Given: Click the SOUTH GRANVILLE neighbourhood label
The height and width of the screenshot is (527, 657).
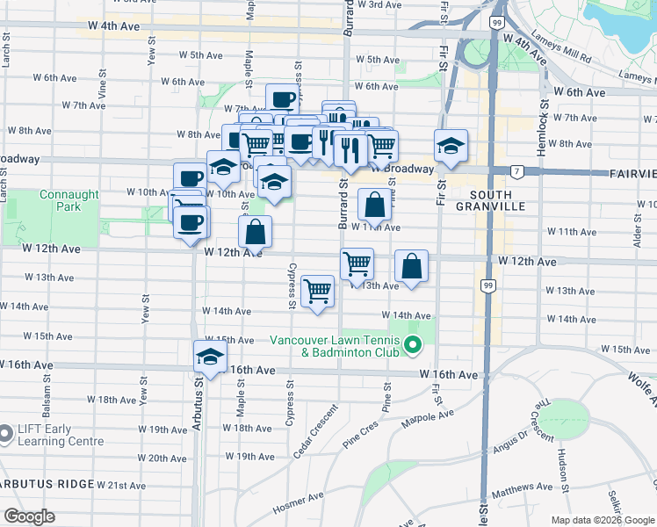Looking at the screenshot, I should (x=491, y=199).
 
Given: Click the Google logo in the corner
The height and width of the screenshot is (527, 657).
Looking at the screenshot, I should (x=30, y=516).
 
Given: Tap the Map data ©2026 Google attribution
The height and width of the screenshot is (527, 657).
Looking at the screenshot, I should (x=602, y=520).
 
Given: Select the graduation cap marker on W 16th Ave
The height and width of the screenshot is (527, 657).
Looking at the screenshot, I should (x=211, y=357).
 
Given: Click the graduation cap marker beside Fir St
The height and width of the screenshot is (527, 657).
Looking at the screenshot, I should (x=451, y=147).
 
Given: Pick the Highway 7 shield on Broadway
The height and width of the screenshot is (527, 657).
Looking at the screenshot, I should (x=519, y=170).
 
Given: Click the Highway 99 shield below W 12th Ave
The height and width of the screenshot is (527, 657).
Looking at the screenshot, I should (x=487, y=285).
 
